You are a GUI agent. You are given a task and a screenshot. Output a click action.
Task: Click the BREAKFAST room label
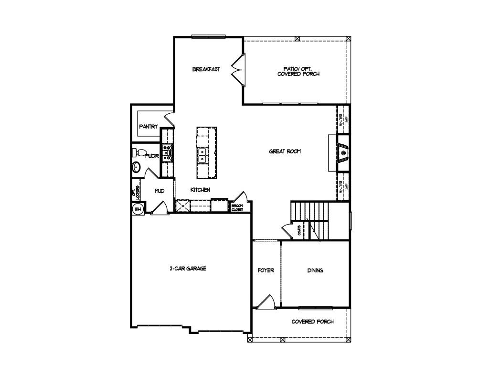coord(206,69)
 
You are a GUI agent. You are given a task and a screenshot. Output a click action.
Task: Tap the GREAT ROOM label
coord(285,151)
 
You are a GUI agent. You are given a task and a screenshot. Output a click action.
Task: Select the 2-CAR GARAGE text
coord(188,269)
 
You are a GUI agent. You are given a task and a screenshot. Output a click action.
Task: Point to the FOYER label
coord(266,270)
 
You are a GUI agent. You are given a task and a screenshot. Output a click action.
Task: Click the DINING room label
coord(315,270)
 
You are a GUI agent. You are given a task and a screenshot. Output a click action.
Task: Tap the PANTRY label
coord(148,127)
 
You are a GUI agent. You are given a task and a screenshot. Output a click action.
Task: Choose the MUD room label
coord(159,191)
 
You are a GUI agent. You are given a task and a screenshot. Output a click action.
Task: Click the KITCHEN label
coord(200,190)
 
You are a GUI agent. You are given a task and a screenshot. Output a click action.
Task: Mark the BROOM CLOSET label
coord(237,207)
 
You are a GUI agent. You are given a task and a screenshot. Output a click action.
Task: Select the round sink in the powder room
coord(136,168)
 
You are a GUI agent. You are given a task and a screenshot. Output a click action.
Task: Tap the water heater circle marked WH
coord(138,209)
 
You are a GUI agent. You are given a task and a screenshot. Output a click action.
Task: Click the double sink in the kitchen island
coord(202,155)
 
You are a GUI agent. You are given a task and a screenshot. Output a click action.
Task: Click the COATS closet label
coord(299,230)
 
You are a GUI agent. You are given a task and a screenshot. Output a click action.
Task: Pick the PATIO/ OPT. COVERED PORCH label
coord(298,71)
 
